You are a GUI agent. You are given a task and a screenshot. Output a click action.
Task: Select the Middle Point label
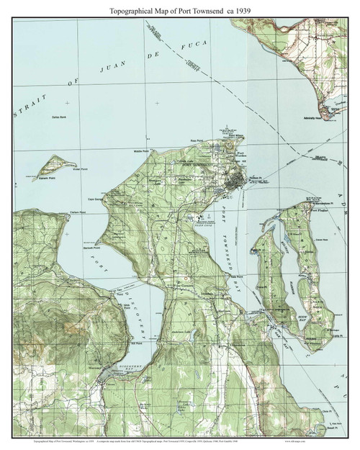click(x=140, y=152)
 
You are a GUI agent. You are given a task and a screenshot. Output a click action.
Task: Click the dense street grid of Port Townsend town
click(x=233, y=184)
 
